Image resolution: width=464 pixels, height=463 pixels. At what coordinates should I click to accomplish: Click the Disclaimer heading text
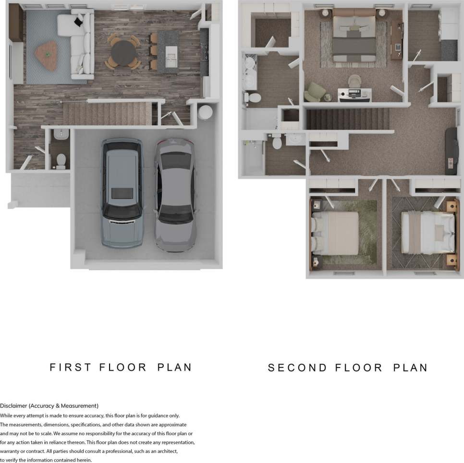click(49, 405)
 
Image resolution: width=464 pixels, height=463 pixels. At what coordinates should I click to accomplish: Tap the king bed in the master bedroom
click(354, 39)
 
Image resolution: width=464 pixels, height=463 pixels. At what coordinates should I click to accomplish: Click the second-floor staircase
click(348, 119)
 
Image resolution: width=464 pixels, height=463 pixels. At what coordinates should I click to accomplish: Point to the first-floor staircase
click(108, 114)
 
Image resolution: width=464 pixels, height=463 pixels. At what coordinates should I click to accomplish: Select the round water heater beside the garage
click(206, 112)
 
